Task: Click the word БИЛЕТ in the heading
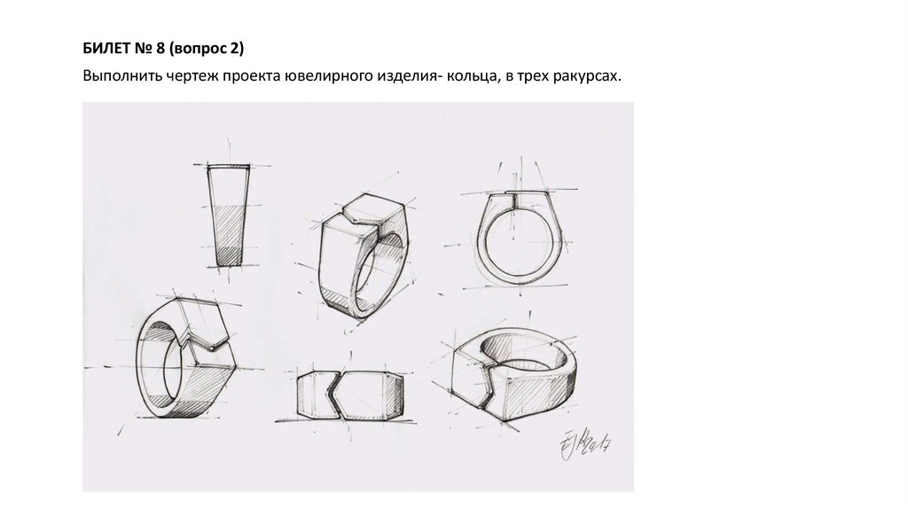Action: tap(106, 49)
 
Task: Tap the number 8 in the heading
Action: tap(160, 49)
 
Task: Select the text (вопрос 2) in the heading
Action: tap(207, 50)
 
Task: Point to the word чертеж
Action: tap(186, 76)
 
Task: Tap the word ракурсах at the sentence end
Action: tap(584, 76)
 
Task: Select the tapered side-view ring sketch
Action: tap(229, 215)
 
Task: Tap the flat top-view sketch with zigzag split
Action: tap(349, 395)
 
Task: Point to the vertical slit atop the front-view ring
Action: tap(513, 200)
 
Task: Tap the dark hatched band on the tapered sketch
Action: tap(230, 256)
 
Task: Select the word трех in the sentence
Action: tap(528, 76)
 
